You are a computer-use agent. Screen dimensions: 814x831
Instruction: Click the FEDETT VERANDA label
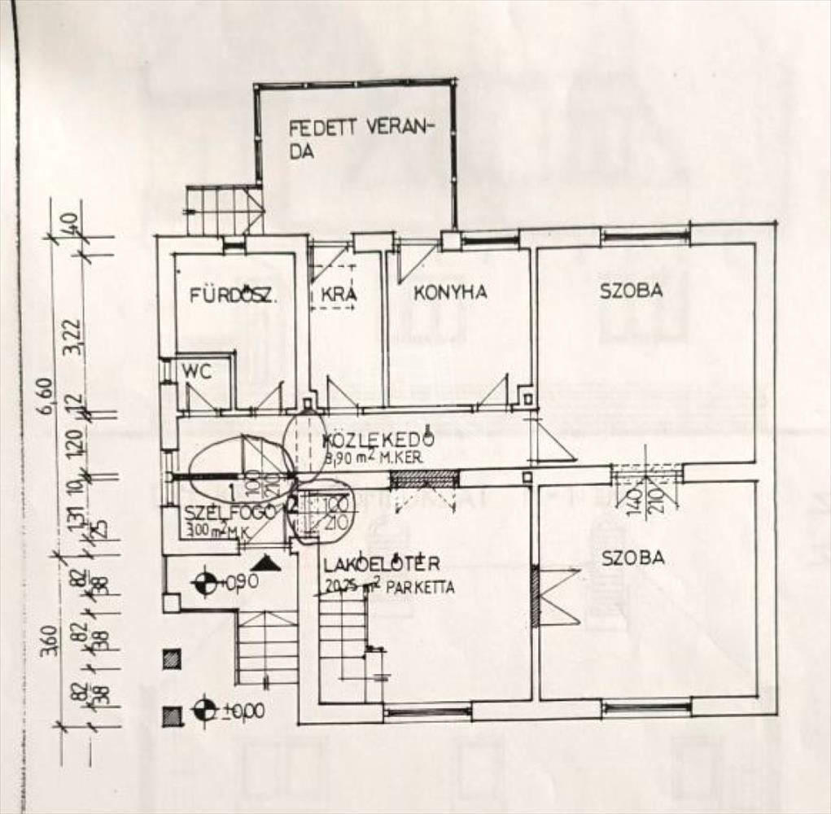(x=362, y=138)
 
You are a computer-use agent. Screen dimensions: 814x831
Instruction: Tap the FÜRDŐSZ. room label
(x=234, y=295)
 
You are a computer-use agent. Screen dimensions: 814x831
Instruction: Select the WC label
(x=197, y=372)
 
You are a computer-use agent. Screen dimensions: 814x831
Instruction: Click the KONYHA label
(x=450, y=292)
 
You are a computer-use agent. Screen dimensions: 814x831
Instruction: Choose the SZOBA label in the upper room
(x=631, y=290)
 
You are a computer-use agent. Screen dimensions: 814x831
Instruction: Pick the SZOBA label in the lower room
(x=632, y=558)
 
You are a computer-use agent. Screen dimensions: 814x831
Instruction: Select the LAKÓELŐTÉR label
(x=381, y=563)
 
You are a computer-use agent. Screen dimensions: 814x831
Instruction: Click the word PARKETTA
(x=422, y=587)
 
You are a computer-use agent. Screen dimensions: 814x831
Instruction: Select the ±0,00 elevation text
(x=242, y=711)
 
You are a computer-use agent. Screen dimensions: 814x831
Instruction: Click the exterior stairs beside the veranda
(x=224, y=210)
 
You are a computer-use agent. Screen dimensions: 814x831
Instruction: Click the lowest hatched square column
(x=171, y=716)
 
